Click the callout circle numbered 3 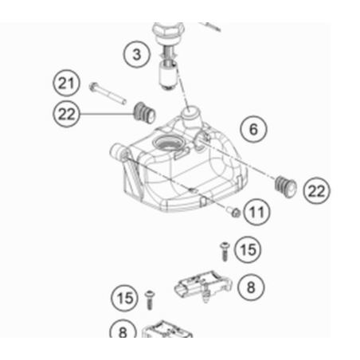point(137,54)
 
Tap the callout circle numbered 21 point(66,83)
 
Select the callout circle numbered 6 point(253,129)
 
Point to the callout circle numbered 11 point(256,212)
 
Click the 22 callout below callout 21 point(66,114)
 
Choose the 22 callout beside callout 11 point(316,190)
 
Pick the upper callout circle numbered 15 point(248,249)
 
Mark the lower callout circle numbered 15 point(124,298)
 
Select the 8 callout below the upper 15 point(251,288)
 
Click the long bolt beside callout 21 point(108,93)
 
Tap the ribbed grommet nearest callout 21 point(144,113)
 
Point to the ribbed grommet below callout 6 point(285,186)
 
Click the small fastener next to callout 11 point(233,212)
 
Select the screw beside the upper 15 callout point(225,251)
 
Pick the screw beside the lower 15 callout point(150,300)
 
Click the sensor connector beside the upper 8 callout point(203,286)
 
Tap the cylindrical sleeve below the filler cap point(167,75)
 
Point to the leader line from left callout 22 point(106,114)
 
